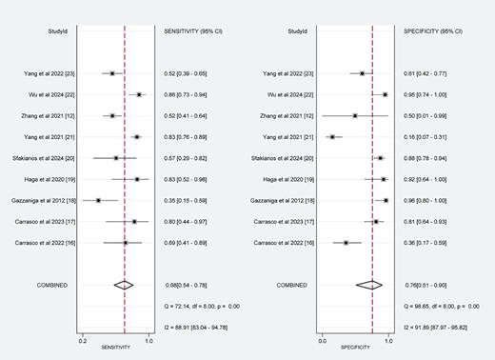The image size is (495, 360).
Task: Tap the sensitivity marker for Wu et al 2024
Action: [139, 94]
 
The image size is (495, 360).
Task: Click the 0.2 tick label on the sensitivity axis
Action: [84, 339]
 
